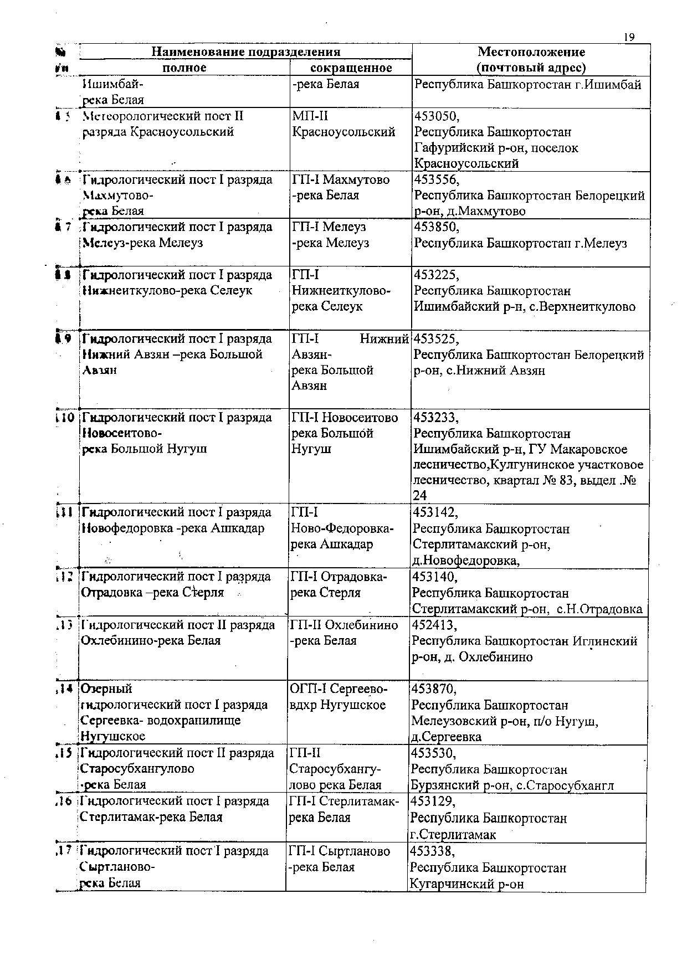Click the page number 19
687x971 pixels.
pos(628,37)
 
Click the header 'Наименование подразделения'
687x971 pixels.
pos(245,52)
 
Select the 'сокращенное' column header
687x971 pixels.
pos(351,68)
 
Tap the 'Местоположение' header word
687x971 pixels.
pos(531,52)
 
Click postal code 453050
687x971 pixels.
pos(437,116)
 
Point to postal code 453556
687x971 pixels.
pos(437,180)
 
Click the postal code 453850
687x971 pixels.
pos(437,227)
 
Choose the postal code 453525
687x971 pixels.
pos(437,339)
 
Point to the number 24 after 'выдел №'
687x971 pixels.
pos(420,495)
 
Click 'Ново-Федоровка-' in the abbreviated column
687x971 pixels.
pos(342,529)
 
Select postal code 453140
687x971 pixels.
pos(435,577)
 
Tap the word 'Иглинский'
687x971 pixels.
pos(606,641)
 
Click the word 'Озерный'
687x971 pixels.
pos(107,689)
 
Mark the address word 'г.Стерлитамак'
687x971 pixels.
pos(453,834)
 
